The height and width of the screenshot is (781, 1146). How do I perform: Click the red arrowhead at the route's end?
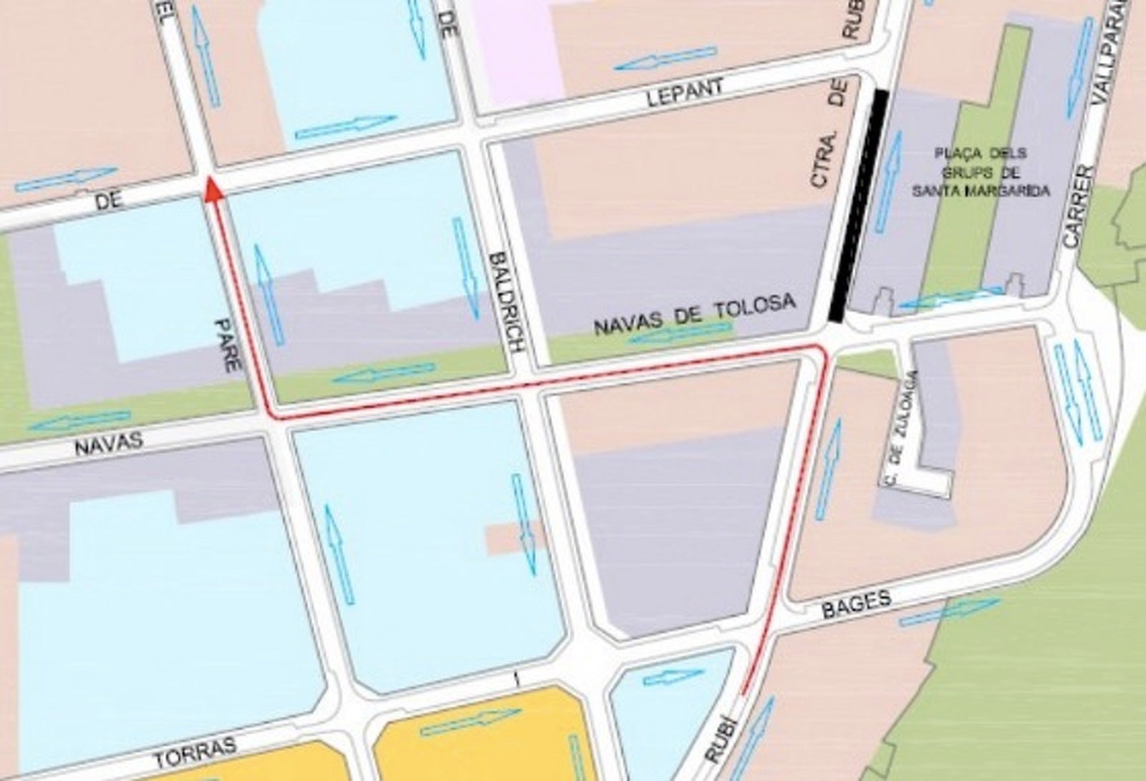pyautogui.click(x=211, y=190)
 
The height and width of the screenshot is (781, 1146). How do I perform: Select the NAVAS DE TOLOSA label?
pyautogui.click(x=694, y=316)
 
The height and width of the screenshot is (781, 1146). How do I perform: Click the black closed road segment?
pyautogui.click(x=856, y=206)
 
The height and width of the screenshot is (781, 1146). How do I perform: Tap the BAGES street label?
pyautogui.click(x=855, y=602)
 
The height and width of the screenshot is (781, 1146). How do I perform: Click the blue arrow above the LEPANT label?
pyautogui.click(x=665, y=59)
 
